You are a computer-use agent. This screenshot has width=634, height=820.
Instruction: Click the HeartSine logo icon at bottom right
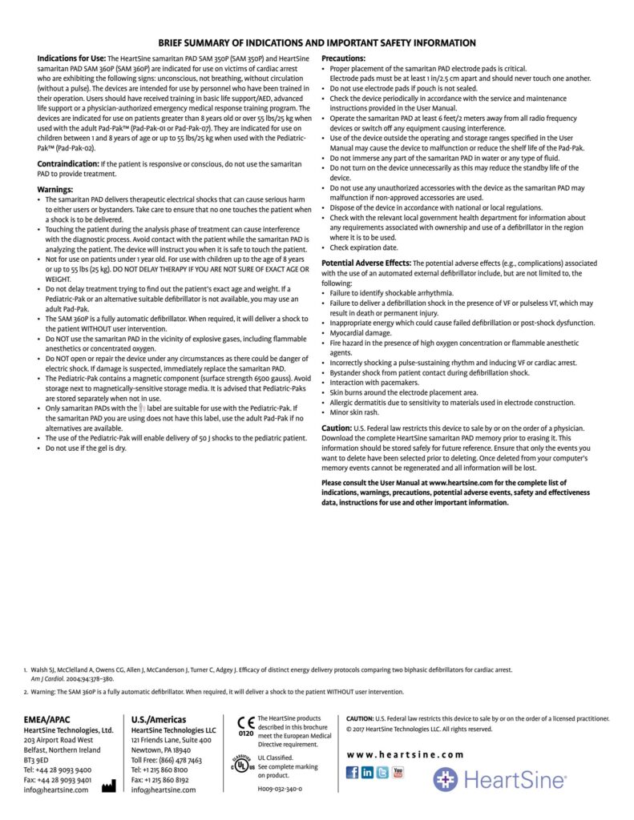pos(446,780)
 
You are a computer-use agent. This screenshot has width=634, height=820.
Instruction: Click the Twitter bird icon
pos(383,773)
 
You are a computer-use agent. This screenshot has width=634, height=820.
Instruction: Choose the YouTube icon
pos(398,773)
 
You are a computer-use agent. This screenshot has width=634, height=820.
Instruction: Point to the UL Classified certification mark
pos(243,762)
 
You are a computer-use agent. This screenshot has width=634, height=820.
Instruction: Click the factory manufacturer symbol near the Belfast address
pos(108,786)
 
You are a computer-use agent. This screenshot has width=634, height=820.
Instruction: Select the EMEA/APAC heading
pos(46,719)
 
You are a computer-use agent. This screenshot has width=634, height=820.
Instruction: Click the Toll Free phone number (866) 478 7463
pos(167,760)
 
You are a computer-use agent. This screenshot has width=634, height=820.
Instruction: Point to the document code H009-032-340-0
pos(280,789)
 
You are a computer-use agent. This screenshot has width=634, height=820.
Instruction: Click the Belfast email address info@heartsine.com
pos(56,790)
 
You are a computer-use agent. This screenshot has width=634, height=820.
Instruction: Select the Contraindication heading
pos(68,163)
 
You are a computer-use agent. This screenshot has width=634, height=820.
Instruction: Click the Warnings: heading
pos(55,190)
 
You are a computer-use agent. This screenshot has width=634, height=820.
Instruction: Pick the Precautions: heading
pos(343,58)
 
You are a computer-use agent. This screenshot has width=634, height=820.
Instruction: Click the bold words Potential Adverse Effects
pos(365,263)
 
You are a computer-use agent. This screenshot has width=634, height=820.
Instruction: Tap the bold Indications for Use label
pos(71,58)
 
